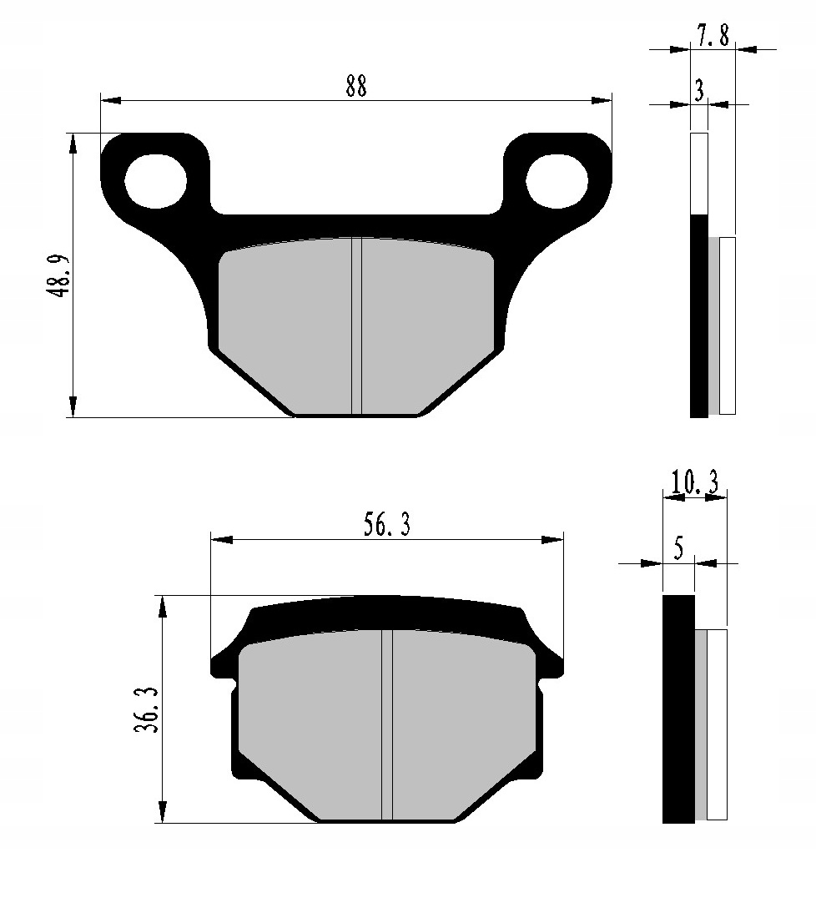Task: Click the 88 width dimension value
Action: (356, 87)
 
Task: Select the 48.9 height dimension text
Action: (58, 275)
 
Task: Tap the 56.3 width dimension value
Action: (386, 525)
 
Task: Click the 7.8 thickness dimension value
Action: (713, 35)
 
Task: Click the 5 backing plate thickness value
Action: (677, 549)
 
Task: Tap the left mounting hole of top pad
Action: (156, 180)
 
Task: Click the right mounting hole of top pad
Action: (557, 180)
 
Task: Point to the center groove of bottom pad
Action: (386, 724)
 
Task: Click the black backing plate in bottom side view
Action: (677, 709)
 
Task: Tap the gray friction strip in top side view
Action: (713, 325)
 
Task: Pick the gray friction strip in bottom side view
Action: (701, 724)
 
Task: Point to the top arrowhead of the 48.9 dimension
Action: (74, 143)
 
